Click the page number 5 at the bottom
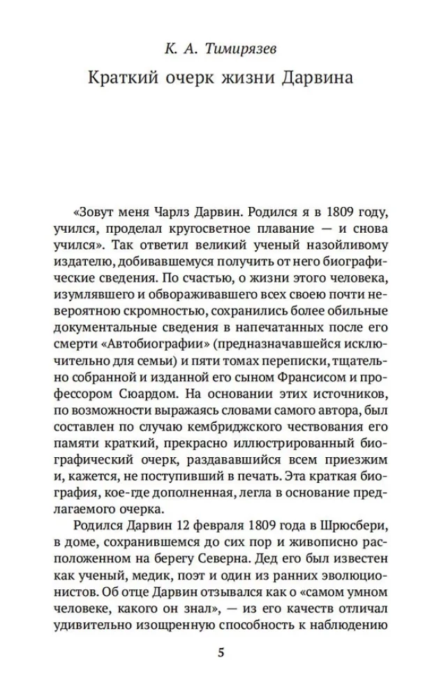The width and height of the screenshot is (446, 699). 222,654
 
